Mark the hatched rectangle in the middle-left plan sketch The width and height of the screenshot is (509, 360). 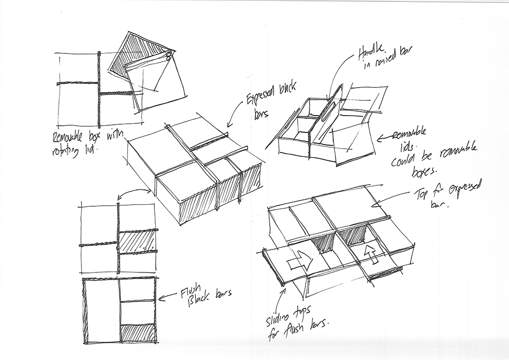[136, 239]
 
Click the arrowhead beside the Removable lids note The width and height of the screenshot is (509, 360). [380, 137]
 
